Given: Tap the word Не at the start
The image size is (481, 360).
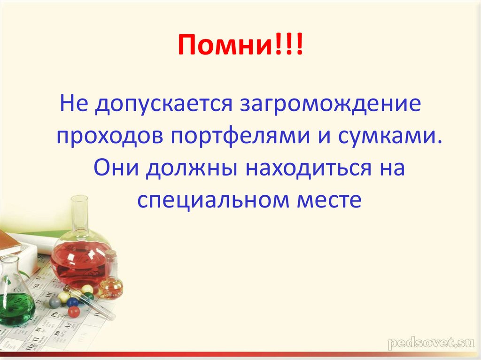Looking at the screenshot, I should pyautogui.click(x=73, y=103).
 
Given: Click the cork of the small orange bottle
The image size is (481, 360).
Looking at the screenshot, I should pyautogui.click(x=111, y=256).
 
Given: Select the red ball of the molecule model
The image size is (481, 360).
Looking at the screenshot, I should pyautogui.click(x=74, y=312).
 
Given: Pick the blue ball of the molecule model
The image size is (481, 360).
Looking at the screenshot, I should pyautogui.click(x=72, y=302).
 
